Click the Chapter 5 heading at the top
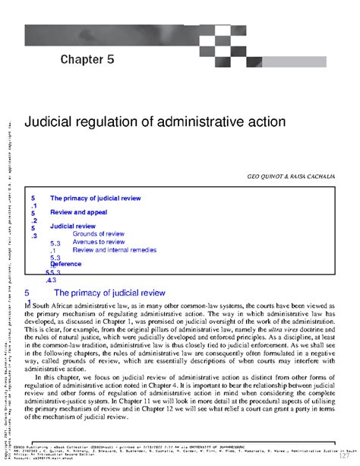click(x=87, y=59)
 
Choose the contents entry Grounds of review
click(x=99, y=234)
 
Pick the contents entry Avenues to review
click(x=99, y=242)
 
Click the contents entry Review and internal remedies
click(x=113, y=249)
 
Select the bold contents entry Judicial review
click(x=73, y=227)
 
